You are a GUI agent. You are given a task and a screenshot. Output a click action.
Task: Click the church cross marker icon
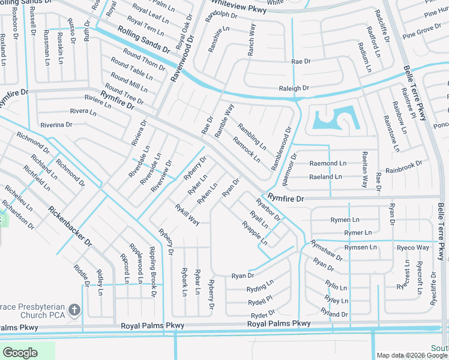(74, 310)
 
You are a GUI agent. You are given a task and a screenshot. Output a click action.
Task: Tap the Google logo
(20, 353)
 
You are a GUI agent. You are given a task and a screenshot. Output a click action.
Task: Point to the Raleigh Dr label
(294, 88)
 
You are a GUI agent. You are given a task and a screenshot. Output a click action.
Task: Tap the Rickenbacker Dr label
(70, 227)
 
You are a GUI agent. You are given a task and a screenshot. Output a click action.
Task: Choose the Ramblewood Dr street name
(281, 148)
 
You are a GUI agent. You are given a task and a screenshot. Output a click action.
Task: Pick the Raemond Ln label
(328, 163)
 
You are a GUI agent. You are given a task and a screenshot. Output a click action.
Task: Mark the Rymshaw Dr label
(327, 251)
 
